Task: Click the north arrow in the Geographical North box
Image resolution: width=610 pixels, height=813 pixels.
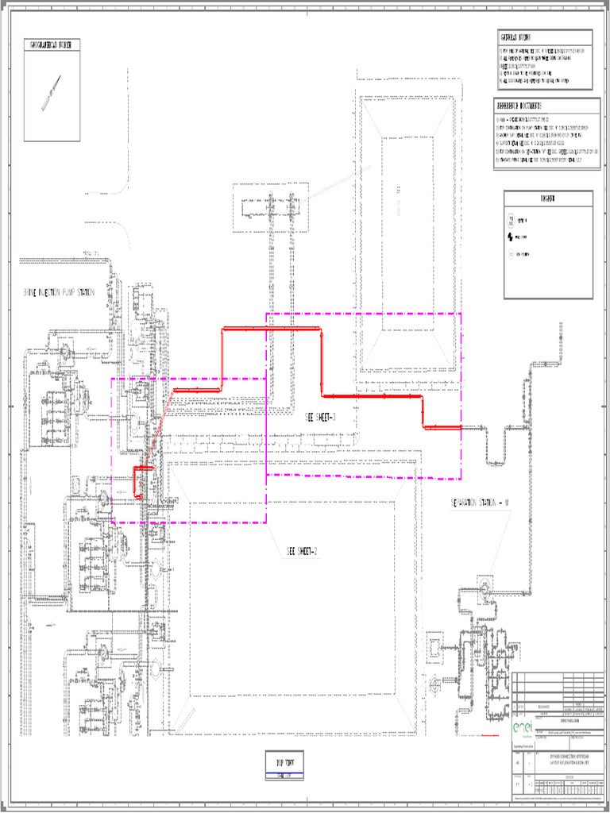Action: click(52, 92)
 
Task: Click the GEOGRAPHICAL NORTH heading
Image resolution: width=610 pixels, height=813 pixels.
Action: click(51, 45)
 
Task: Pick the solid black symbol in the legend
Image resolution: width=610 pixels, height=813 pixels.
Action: click(511, 237)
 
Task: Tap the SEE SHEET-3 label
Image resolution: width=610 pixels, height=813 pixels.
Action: click(321, 417)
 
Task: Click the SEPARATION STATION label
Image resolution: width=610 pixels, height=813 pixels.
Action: click(481, 503)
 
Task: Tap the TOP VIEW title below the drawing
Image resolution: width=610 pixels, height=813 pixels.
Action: click(285, 763)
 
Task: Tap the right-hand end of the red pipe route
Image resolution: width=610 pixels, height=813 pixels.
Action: click(460, 428)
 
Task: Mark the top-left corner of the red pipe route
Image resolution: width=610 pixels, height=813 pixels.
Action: click(223, 329)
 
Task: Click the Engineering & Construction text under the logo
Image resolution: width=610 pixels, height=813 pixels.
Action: click(523, 746)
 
